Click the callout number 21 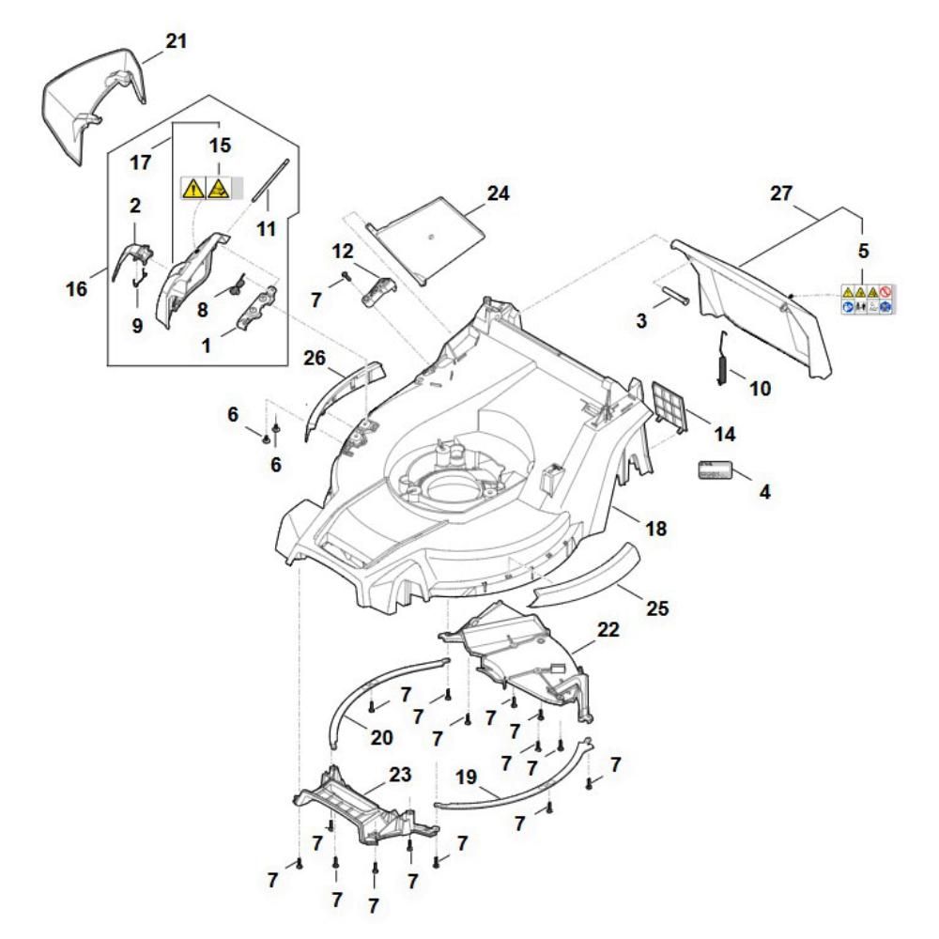coord(176,41)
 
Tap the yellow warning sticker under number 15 coord(206,187)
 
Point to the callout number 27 coord(781,195)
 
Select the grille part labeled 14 coord(669,406)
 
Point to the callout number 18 coord(655,529)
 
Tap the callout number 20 coord(380,737)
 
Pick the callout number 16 coord(77,286)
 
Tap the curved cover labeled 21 coord(94,103)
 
